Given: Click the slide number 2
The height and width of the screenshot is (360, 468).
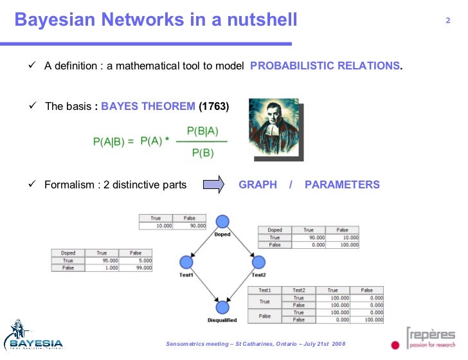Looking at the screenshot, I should click(447, 21).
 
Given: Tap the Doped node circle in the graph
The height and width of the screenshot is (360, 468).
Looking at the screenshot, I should click(222, 222).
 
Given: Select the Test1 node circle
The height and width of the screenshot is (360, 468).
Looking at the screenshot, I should click(186, 262).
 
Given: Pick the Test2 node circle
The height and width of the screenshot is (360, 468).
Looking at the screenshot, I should click(258, 262).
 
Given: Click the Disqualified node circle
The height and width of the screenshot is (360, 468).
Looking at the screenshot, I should click(222, 307).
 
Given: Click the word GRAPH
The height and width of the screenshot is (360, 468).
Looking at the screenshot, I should click(258, 185).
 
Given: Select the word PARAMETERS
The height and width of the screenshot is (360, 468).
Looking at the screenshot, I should click(342, 185).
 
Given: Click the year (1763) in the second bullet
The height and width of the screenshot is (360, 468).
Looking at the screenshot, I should click(213, 106).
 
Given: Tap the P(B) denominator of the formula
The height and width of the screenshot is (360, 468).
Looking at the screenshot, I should click(203, 154).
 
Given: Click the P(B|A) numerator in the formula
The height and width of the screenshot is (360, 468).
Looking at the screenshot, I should click(203, 130).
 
